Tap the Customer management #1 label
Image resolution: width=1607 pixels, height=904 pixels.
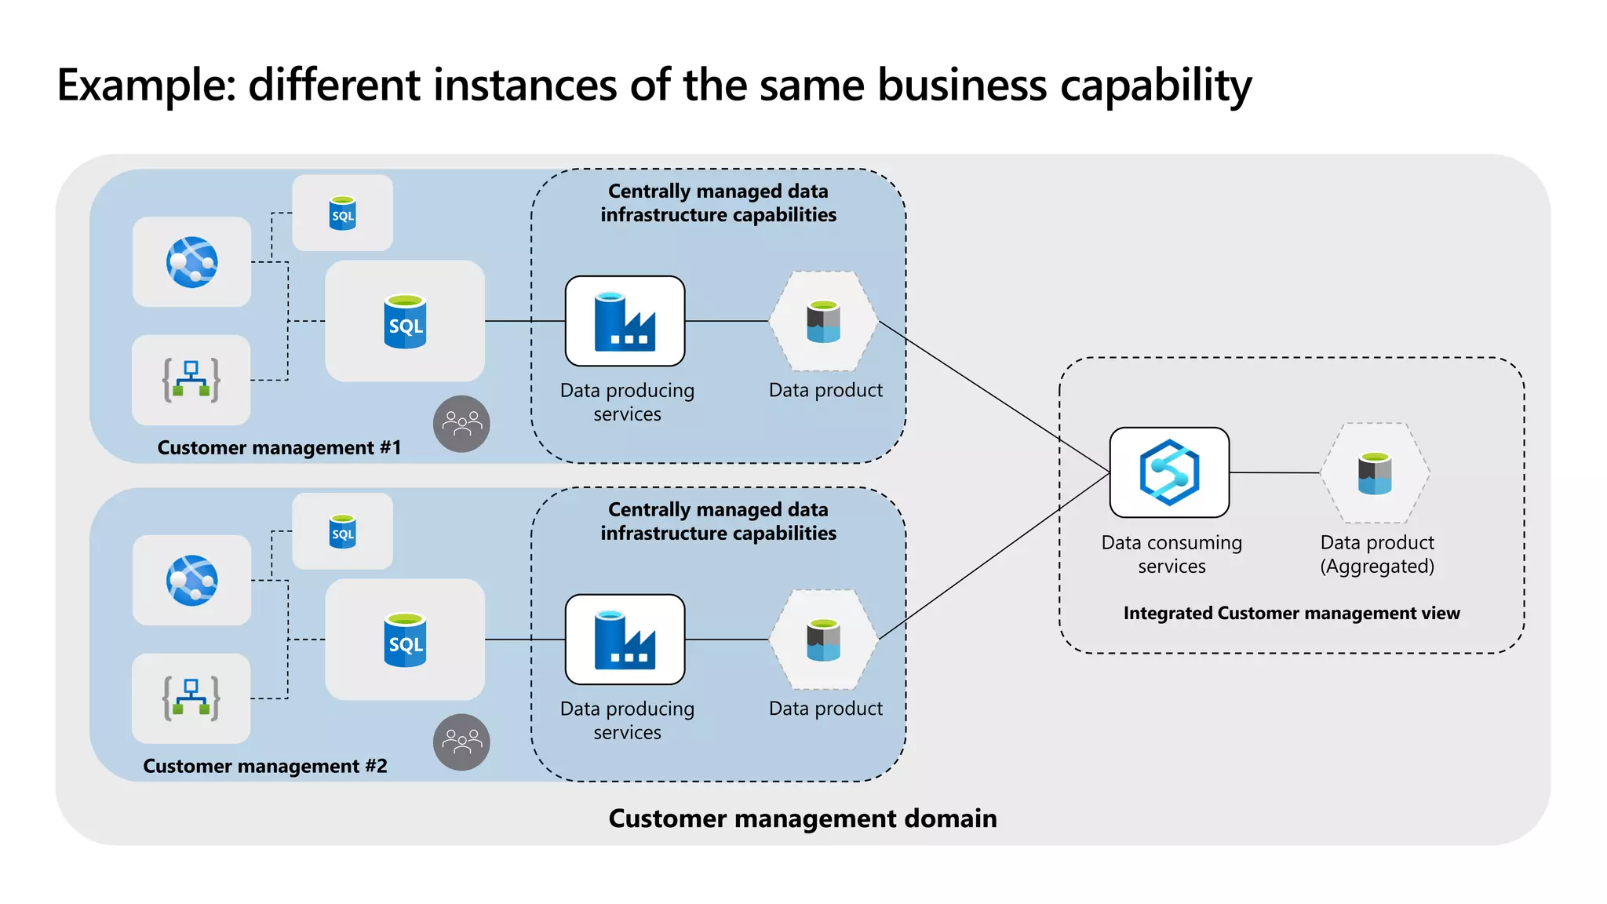(x=279, y=447)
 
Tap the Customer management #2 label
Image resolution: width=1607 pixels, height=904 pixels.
(x=264, y=766)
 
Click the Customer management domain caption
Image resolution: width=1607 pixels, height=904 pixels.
(x=802, y=818)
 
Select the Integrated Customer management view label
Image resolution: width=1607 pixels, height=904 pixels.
(x=1291, y=613)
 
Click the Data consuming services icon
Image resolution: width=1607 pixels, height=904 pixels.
(x=1169, y=472)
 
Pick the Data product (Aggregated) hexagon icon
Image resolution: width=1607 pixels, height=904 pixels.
(x=1375, y=473)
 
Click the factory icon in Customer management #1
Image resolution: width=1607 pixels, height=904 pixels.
(x=625, y=321)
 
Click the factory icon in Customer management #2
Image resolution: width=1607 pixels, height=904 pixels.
(x=625, y=640)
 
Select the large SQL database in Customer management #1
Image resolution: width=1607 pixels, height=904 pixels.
(x=405, y=321)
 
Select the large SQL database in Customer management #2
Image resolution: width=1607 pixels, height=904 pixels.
(x=405, y=640)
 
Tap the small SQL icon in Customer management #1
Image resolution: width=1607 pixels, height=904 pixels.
(x=343, y=213)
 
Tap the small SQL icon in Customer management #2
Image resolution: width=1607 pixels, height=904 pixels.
(x=343, y=532)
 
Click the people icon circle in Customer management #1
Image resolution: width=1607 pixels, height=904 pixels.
(x=461, y=424)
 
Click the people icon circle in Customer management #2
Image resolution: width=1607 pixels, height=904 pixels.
(x=461, y=742)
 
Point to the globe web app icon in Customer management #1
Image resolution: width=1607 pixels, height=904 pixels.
(x=191, y=262)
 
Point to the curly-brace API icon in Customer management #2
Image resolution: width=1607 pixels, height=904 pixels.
(x=191, y=698)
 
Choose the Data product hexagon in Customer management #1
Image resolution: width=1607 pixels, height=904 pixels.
(x=823, y=322)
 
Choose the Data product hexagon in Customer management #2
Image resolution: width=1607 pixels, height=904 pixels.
(x=823, y=640)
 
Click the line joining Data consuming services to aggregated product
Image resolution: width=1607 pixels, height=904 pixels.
(x=1275, y=472)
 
